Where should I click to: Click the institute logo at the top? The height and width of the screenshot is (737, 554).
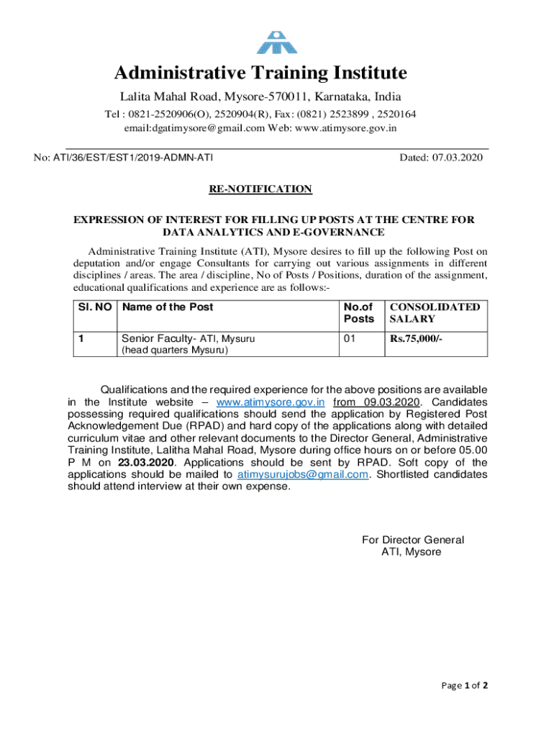(278, 42)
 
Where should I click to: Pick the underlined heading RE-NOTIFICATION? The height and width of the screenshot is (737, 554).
(260, 189)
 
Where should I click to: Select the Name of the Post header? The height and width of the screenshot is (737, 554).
(168, 307)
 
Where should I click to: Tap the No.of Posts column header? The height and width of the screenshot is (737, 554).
(359, 312)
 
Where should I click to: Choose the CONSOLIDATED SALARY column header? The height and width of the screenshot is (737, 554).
(435, 312)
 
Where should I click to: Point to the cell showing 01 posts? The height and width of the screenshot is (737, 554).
(350, 338)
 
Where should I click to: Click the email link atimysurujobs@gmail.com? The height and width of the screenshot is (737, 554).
(303, 474)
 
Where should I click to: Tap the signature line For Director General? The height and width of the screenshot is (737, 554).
(413, 540)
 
